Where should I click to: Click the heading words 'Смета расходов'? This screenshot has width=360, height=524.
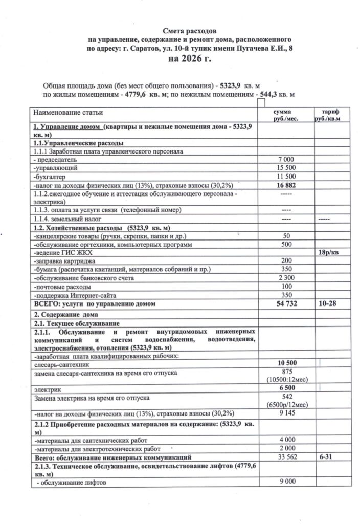click(189, 31)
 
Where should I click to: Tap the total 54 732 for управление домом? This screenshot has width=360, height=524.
click(285, 304)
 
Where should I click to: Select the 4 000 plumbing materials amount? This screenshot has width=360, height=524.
click(285, 439)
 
